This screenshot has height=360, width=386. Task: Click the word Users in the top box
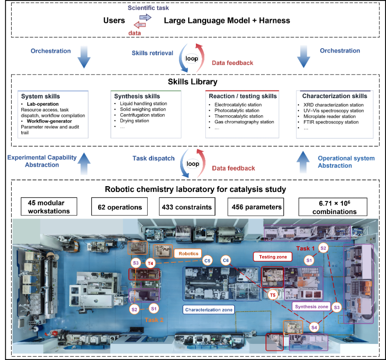tap(114, 21)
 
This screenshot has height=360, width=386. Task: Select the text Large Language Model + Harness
tap(227, 21)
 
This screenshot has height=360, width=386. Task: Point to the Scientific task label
tap(148, 8)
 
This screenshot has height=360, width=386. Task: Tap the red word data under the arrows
tap(135, 33)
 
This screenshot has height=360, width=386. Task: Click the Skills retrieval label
tap(153, 53)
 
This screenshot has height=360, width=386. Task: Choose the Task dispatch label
tap(153, 158)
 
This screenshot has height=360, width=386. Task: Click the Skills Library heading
tap(193, 82)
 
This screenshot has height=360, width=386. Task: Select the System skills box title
tap(40, 96)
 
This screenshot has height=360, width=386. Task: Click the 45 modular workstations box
tap(49, 206)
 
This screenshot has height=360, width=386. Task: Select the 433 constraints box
tap(187, 207)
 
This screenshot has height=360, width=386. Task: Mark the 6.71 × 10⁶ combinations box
tap(333, 207)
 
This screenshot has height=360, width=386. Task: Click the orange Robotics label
tap(188, 254)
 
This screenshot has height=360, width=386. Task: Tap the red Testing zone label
tap(273, 257)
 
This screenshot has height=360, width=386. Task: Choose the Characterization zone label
tap(209, 310)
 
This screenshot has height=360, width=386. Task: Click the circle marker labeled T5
tap(273, 295)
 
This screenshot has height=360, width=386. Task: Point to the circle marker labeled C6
tap(226, 260)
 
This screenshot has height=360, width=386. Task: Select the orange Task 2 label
tap(154, 320)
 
